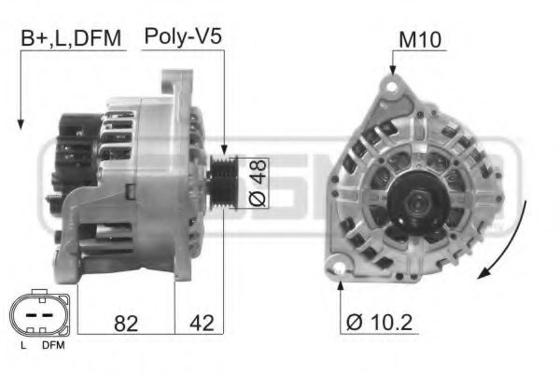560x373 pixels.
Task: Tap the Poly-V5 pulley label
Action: [x=183, y=38]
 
